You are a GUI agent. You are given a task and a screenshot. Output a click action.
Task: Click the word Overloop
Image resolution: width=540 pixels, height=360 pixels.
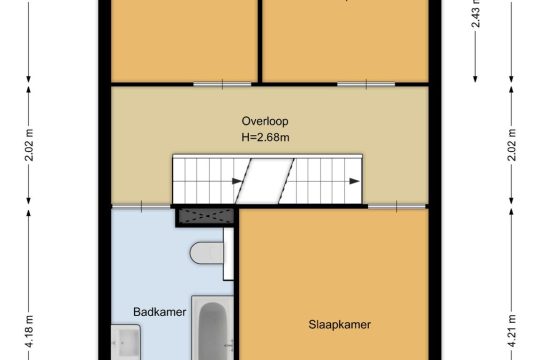coord(265,121)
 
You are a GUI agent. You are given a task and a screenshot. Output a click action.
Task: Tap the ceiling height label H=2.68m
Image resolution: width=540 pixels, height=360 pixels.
coord(265,137)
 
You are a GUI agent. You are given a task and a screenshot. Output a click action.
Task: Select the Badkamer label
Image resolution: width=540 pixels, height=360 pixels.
coord(159,312)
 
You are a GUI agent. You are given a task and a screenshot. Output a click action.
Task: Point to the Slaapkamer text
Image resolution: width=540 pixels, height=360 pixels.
coord(340,325)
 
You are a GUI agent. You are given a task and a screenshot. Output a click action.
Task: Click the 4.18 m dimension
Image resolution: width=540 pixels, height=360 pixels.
coord(29,331)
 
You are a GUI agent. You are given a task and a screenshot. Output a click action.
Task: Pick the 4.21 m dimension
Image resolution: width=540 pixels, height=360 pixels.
coord(512,331)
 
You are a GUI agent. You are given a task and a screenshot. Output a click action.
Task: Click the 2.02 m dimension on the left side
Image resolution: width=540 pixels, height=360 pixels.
coord(29,145)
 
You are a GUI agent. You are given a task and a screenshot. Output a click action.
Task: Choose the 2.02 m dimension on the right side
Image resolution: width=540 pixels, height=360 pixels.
coord(512,145)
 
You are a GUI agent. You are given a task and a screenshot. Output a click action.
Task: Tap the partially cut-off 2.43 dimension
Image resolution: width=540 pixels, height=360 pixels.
coord(476,14)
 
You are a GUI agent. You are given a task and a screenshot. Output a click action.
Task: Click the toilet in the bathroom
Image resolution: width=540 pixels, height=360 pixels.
coord(207,253)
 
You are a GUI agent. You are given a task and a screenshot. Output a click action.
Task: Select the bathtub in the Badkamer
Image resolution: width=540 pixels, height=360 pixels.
coord(212,328)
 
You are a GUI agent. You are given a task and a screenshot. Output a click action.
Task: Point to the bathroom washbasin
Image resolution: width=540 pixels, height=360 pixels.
coord(126,342)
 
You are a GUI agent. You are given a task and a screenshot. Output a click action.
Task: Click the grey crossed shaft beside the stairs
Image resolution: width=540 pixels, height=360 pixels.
coord(206,216)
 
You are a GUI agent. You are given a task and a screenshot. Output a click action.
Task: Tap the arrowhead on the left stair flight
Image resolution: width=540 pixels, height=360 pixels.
coord(237,181)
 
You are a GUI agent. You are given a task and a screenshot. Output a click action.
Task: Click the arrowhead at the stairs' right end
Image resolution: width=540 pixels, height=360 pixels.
coord(354,181)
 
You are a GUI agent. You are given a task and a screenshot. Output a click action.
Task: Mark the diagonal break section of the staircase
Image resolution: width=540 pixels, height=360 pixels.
coord(265,181)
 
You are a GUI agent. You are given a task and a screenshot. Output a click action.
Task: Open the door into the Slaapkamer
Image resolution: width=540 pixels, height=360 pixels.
coord(397,206)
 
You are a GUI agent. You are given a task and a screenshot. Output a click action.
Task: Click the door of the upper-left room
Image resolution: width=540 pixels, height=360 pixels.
coord(222,84)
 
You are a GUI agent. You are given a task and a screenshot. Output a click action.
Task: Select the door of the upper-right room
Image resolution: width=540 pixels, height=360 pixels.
coord(366,84)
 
